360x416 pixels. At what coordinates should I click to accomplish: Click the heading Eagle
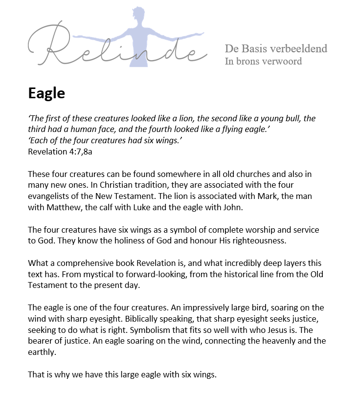pos(46,93)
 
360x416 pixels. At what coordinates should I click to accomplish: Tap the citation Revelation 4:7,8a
pos(60,151)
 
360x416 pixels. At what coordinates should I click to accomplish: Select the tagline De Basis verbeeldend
pos(276,48)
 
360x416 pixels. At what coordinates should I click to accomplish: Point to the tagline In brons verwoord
pos(263,61)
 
